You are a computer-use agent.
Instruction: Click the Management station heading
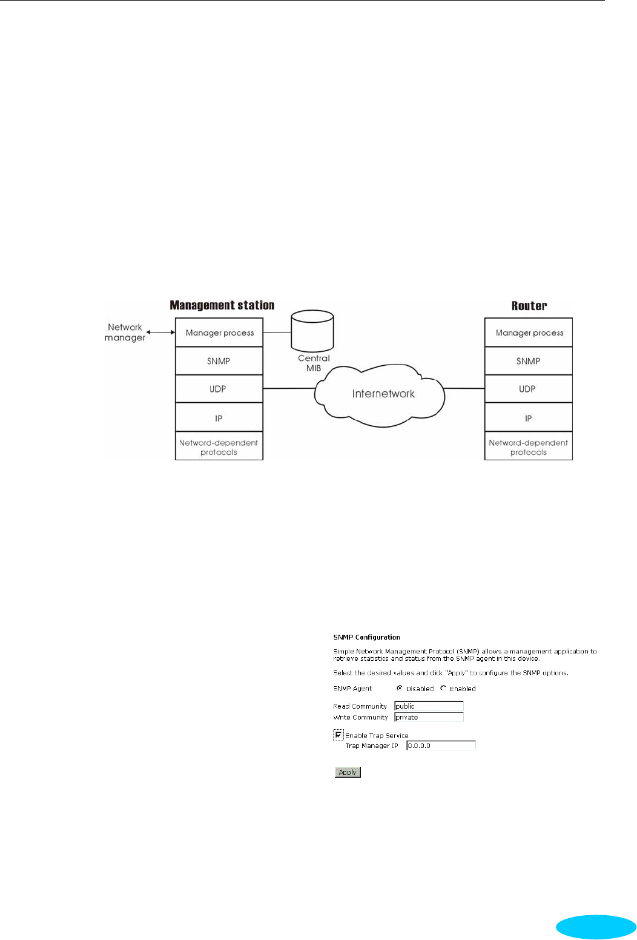pyautogui.click(x=222, y=305)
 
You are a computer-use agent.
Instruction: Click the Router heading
pyautogui.click(x=529, y=306)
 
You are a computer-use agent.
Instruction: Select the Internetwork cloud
pyautogui.click(x=383, y=394)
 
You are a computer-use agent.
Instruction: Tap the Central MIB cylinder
pyautogui.click(x=312, y=330)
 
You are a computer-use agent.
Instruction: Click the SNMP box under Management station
pyautogui.click(x=219, y=361)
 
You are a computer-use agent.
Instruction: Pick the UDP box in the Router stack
pyautogui.click(x=527, y=389)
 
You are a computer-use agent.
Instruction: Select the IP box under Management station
pyautogui.click(x=219, y=418)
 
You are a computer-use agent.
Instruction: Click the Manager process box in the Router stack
pyautogui.click(x=529, y=333)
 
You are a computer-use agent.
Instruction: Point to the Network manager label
pyautogui.click(x=125, y=333)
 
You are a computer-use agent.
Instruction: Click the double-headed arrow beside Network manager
pyautogui.click(x=160, y=332)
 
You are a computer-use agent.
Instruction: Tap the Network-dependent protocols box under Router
pyautogui.click(x=528, y=447)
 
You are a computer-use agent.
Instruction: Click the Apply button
pyautogui.click(x=348, y=772)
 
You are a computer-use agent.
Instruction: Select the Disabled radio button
pyautogui.click(x=400, y=688)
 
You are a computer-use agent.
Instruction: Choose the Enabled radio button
pyautogui.click(x=443, y=688)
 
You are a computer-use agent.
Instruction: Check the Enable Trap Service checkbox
pyautogui.click(x=338, y=735)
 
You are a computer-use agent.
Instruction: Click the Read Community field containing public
pyautogui.click(x=428, y=706)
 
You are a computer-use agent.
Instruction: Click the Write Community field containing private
pyautogui.click(x=428, y=717)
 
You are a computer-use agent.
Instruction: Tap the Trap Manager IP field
pyautogui.click(x=440, y=746)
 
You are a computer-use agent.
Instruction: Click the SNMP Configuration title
pyautogui.click(x=366, y=637)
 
